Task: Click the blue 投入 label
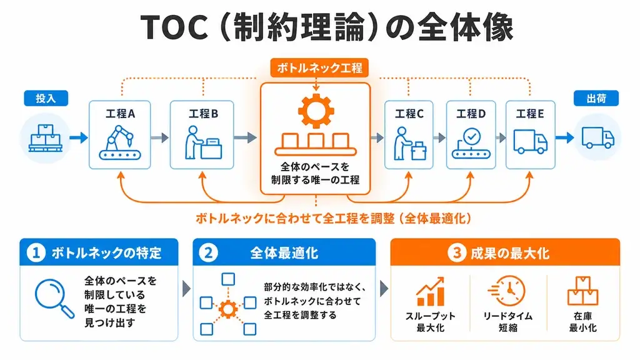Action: [x=46, y=98]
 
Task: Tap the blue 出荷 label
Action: [x=596, y=98]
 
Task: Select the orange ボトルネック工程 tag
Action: [x=319, y=67]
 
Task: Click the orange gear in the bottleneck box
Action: [x=316, y=111]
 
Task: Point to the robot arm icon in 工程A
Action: [x=119, y=142]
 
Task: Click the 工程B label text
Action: [x=203, y=114]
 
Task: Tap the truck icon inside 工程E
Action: [x=530, y=142]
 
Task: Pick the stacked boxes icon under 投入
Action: [x=45, y=138]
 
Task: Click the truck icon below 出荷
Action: [x=597, y=138]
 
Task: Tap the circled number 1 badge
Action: [x=36, y=252]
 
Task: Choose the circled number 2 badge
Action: [x=208, y=252]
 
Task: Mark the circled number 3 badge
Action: [x=456, y=252]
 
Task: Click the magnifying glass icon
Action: [x=54, y=298]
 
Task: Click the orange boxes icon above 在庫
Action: [x=582, y=291]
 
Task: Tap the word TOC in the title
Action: [x=174, y=27]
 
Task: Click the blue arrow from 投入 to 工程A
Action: [x=78, y=137]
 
